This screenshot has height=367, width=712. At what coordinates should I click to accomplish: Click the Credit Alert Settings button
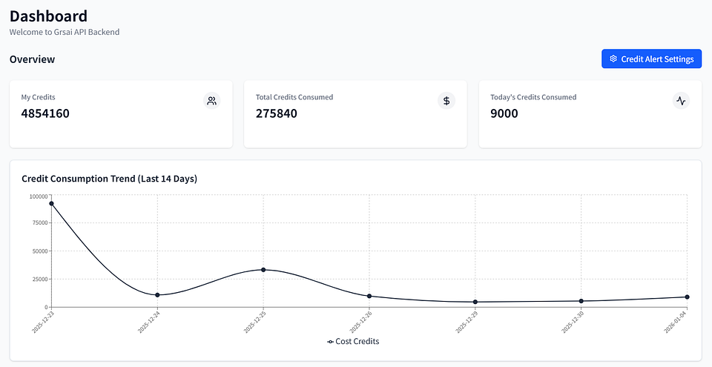(x=651, y=59)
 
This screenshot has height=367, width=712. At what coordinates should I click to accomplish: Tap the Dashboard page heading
(x=49, y=16)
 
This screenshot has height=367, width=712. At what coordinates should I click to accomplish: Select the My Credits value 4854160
(x=45, y=113)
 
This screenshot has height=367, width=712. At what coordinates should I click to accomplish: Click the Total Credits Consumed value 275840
(x=277, y=113)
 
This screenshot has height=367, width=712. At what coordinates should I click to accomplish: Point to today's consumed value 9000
(x=504, y=113)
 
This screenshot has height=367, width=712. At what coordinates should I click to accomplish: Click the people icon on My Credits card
(x=211, y=101)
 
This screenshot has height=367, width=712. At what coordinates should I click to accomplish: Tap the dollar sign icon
(x=446, y=101)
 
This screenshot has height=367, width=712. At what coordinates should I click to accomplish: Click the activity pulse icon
(x=681, y=101)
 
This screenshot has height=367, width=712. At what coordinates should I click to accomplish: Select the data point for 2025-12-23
(x=52, y=203)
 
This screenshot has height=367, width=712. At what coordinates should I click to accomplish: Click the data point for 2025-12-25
(x=263, y=270)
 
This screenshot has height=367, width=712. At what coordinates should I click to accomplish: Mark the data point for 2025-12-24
(x=157, y=295)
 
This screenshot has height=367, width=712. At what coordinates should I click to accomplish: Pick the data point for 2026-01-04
(x=687, y=297)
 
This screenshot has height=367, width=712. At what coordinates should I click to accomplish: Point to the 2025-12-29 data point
(x=475, y=302)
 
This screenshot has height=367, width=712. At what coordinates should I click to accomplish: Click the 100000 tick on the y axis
(x=38, y=196)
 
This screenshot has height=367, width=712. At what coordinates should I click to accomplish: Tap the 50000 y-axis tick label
(x=39, y=251)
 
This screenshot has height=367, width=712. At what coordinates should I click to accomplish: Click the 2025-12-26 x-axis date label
(x=361, y=322)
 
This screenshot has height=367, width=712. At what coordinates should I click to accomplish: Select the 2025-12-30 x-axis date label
(x=573, y=322)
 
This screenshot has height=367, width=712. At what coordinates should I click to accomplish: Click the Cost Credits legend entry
(x=353, y=341)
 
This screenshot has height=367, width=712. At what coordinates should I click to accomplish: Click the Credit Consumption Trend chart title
(x=110, y=179)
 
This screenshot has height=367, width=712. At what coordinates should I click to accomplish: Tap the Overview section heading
(x=32, y=59)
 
